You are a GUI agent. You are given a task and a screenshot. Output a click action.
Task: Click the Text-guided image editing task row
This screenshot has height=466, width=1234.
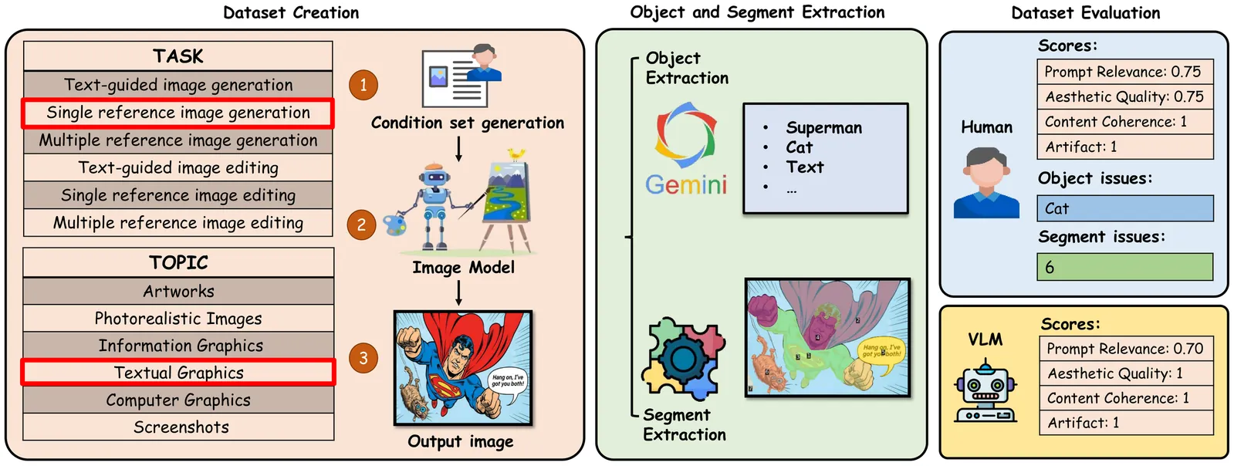[x=178, y=167]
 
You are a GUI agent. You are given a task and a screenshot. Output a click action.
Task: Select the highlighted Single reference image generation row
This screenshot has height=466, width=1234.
[x=178, y=113]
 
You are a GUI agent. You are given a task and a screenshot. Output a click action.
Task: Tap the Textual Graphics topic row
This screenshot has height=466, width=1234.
[x=178, y=373]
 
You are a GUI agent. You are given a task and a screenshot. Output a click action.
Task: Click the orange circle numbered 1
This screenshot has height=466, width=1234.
[x=363, y=85]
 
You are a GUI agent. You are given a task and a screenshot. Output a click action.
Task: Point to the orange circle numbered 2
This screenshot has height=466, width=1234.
[x=361, y=225]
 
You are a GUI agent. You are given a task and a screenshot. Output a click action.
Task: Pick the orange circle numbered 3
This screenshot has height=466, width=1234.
[x=363, y=358]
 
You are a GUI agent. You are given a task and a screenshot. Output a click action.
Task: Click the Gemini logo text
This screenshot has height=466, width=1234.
[x=686, y=185]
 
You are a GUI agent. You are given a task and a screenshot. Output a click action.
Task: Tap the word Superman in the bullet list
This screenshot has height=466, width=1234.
[x=823, y=128]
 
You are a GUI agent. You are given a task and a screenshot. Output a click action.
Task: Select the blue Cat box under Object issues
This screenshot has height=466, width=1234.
[x=1124, y=208]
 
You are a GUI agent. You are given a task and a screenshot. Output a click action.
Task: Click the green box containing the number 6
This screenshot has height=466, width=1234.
[x=1124, y=267]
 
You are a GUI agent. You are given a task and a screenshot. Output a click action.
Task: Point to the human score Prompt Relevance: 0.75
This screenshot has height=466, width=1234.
[x=1124, y=72]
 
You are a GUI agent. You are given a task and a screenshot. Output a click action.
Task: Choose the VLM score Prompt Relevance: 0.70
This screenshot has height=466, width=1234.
[x=1125, y=349]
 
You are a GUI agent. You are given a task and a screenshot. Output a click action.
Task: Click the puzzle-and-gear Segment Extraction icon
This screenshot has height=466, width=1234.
[x=684, y=360]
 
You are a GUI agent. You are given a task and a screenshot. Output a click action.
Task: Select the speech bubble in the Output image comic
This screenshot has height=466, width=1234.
[x=508, y=380]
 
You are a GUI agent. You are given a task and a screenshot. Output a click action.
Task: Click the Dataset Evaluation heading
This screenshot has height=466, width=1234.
[x=1085, y=13]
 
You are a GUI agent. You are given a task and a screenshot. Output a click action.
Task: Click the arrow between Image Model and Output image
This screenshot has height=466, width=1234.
[x=458, y=293]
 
